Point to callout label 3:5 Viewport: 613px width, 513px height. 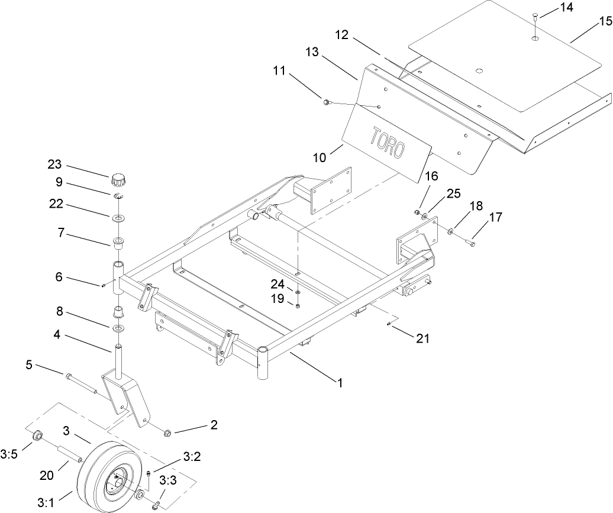coord(9,454)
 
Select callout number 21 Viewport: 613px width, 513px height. coord(422,338)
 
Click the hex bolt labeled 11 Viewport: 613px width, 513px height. coord(326,102)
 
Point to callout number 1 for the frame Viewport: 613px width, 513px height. coord(340,382)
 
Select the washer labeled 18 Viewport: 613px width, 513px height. coord(451,231)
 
